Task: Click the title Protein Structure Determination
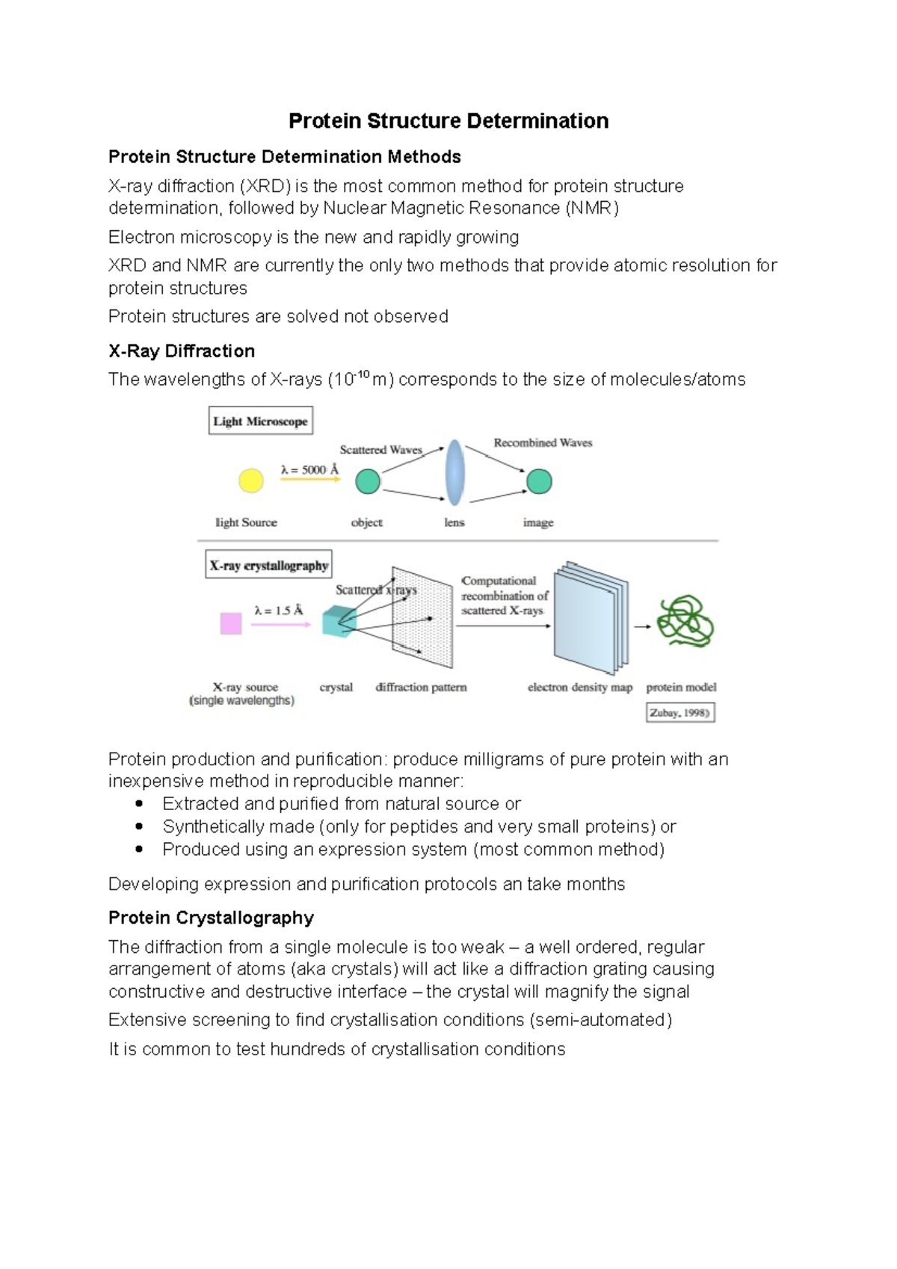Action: pyautogui.click(x=449, y=121)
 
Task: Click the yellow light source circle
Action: pyautogui.click(x=251, y=481)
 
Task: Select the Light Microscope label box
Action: pyautogui.click(x=260, y=421)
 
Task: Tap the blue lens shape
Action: pyautogui.click(x=454, y=473)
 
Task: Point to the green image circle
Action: pyautogui.click(x=539, y=481)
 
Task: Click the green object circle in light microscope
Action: pyautogui.click(x=367, y=481)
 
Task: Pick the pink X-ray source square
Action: pyautogui.click(x=231, y=623)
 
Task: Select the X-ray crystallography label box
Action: pyautogui.click(x=268, y=565)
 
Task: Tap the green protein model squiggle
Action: pyautogui.click(x=685, y=621)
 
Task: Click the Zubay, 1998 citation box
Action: pyautogui.click(x=679, y=713)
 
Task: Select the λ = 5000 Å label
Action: pyautogui.click(x=309, y=469)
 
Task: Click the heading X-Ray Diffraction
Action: pyautogui.click(x=182, y=351)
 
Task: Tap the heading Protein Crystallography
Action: pyautogui.click(x=211, y=918)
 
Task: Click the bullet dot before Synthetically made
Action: pyautogui.click(x=139, y=827)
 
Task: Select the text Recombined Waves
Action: pyautogui.click(x=543, y=442)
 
